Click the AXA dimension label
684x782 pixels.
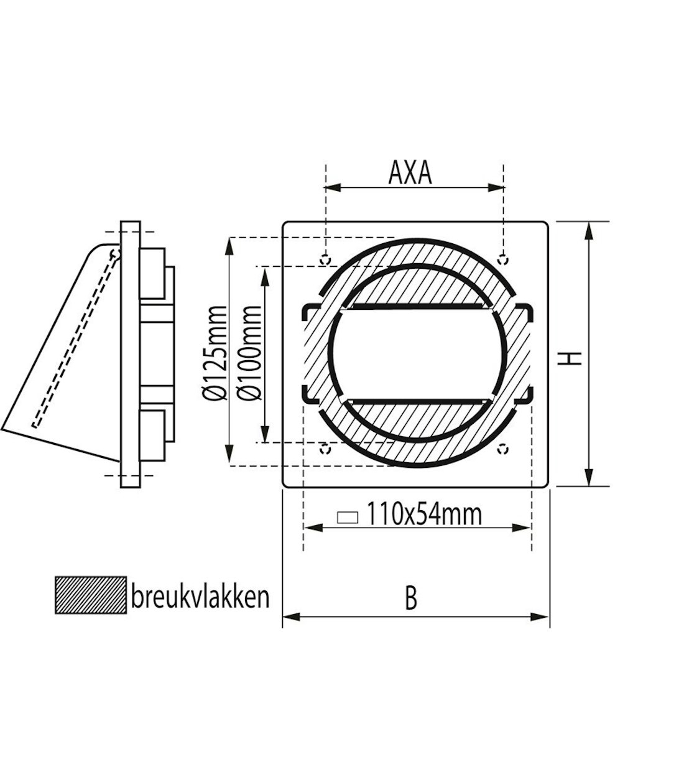410,174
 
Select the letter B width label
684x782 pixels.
410,599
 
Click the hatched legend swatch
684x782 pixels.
90,595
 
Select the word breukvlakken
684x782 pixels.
200,597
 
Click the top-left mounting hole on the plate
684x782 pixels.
325,258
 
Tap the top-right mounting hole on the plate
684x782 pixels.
504,258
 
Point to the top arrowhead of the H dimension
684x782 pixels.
589,228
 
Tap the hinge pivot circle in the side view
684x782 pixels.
114,253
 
